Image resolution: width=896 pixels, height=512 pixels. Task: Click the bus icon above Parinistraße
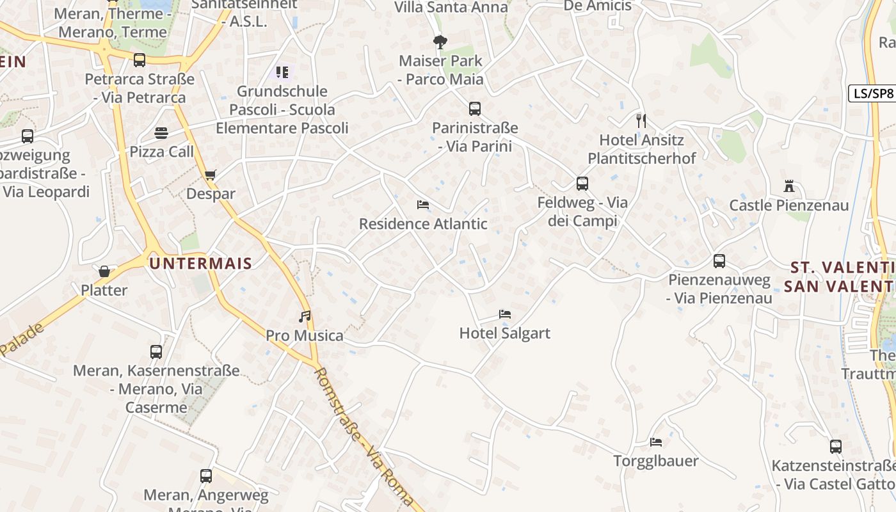(474, 109)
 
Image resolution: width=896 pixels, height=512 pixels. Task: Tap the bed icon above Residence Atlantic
(422, 205)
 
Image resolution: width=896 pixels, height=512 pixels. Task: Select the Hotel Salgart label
(504, 333)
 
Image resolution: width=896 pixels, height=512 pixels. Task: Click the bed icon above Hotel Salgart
(504, 314)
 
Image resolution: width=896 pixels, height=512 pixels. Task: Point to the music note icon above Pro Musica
(305, 316)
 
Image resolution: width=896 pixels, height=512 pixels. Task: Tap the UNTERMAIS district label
(200, 263)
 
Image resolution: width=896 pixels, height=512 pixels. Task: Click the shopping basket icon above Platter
(104, 271)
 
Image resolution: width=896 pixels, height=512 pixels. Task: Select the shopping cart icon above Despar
(211, 175)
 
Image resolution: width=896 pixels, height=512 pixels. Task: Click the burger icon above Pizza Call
(161, 133)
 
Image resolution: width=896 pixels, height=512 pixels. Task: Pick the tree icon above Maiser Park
(440, 42)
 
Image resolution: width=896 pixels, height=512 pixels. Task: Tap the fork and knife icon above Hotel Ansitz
(641, 120)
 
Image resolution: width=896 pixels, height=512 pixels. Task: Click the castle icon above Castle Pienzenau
(788, 187)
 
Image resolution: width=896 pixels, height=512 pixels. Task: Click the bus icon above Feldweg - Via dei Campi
(582, 184)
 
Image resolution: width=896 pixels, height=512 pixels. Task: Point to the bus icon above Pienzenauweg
(719, 261)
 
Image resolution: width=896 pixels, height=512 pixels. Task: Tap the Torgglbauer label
(655, 461)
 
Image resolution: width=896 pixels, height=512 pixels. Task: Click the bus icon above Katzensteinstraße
(835, 447)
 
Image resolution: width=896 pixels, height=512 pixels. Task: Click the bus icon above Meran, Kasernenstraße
(156, 352)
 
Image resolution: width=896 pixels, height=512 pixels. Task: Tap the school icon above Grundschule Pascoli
(282, 72)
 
